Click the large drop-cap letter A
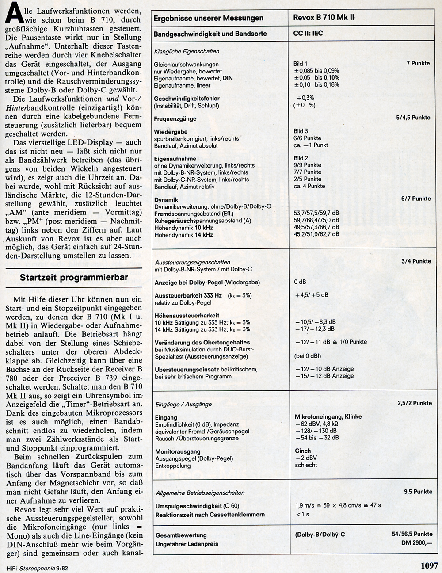tap(14, 12)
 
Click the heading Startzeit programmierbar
tap(74, 278)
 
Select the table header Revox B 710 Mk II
tap(324, 18)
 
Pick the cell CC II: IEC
tap(308, 33)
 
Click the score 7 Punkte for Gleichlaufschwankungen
tap(418, 63)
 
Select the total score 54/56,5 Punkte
tap(412, 534)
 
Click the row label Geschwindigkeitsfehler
tap(187, 98)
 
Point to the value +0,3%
tap(305, 98)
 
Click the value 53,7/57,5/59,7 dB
tap(316, 213)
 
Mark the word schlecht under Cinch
tap(306, 465)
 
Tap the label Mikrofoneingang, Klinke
tap(328, 416)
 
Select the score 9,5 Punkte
tap(418, 491)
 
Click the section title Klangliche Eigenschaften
tap(187, 51)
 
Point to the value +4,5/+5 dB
tap(312, 295)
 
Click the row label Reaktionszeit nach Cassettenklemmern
tap(210, 515)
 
